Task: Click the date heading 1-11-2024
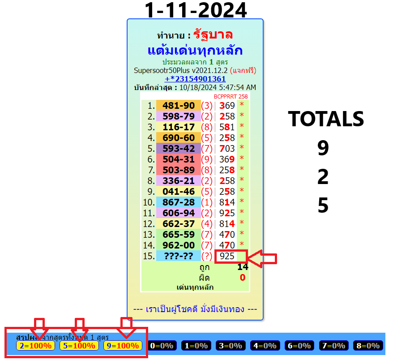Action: point(196,10)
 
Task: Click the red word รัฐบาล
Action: point(213,35)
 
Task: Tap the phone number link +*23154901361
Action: point(195,79)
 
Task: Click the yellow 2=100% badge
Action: point(35,346)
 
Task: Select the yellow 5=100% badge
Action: point(79,346)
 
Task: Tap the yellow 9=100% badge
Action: point(123,346)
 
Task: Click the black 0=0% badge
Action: point(162,346)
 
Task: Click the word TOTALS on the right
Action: point(326,119)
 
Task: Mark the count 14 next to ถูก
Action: point(242,267)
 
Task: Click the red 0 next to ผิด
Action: point(243,278)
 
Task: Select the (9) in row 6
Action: point(207,159)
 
